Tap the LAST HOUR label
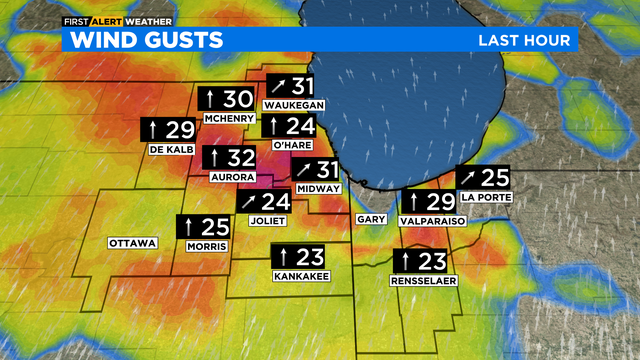tap(524, 40)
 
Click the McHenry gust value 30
tap(237, 99)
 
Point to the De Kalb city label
tap(170, 149)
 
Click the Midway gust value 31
tap(327, 170)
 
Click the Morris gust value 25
tap(214, 227)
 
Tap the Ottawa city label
tap(133, 243)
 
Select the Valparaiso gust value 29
tap(441, 201)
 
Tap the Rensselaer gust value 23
tap(431, 261)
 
